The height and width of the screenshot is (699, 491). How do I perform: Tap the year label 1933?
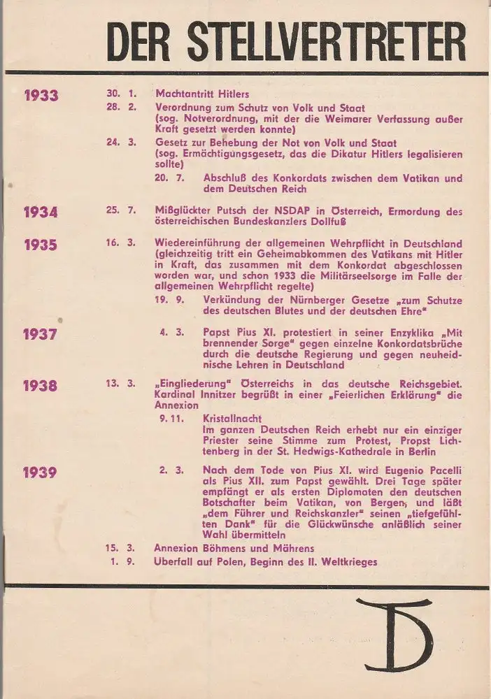[x=41, y=96]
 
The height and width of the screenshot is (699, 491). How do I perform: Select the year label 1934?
[x=41, y=212]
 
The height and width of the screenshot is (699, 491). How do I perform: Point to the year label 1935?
[x=41, y=245]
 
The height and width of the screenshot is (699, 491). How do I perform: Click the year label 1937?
[x=41, y=334]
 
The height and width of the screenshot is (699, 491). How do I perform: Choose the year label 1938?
[x=41, y=385]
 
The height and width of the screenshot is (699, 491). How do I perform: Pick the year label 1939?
[x=41, y=473]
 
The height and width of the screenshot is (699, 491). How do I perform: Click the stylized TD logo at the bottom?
[x=393, y=633]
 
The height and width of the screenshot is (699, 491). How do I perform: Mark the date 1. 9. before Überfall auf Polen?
[x=125, y=561]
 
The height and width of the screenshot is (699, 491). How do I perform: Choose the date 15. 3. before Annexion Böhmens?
[x=122, y=549]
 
